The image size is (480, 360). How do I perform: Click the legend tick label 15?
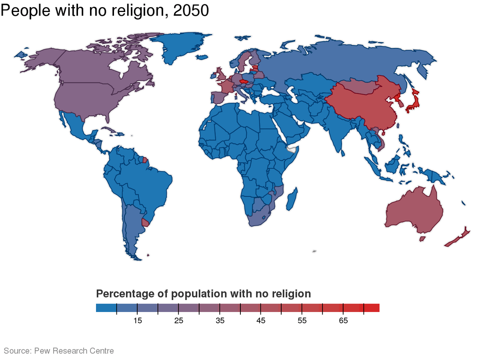click(138, 321)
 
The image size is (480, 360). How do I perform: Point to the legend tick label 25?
click(179, 321)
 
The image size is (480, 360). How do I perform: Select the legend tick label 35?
click(220, 321)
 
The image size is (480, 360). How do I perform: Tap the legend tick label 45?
click(261, 321)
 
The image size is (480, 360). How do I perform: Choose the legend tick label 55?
click(302, 321)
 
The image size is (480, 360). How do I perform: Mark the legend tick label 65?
click(343, 321)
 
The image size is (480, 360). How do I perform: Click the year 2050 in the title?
click(191, 11)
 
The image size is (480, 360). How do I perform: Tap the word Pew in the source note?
click(42, 351)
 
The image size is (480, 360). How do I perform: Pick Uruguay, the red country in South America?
click(145, 222)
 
